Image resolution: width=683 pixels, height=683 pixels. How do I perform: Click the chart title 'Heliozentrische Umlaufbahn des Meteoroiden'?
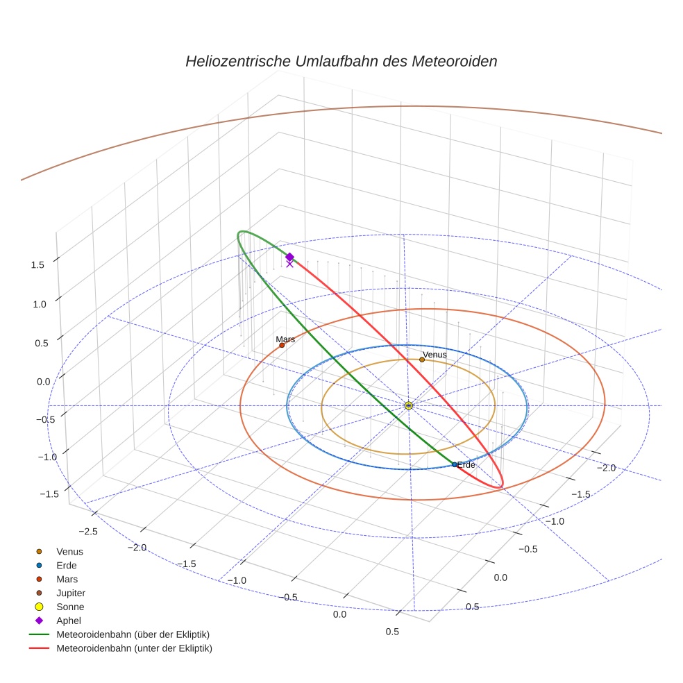point(341,61)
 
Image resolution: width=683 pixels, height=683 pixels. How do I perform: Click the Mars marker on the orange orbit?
point(282,345)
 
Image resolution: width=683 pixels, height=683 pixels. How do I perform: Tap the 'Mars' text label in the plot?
point(285,339)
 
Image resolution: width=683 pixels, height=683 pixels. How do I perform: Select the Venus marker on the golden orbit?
point(422,360)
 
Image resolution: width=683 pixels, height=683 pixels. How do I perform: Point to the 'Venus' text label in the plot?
point(435,354)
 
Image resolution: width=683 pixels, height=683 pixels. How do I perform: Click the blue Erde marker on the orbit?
point(455,464)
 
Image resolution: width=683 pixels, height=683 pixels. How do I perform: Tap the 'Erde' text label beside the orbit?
point(466,464)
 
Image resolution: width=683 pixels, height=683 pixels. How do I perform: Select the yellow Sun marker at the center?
point(408,405)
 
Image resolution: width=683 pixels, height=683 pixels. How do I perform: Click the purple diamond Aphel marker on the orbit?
point(289,257)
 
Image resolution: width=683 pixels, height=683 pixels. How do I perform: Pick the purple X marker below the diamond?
point(289,264)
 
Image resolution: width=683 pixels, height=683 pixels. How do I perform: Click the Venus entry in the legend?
point(69,551)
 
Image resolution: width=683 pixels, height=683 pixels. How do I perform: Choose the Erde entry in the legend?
point(67,565)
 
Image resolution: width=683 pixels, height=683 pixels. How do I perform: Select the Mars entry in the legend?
point(67,579)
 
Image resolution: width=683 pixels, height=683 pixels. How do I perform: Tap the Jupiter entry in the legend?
point(71,593)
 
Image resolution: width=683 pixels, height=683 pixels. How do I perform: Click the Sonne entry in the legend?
point(70,607)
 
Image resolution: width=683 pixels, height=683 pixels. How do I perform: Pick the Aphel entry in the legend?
point(69,621)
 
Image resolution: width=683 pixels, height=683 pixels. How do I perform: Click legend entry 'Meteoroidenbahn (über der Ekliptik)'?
point(133,634)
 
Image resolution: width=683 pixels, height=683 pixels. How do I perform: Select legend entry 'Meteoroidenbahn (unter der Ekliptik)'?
point(134,648)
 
